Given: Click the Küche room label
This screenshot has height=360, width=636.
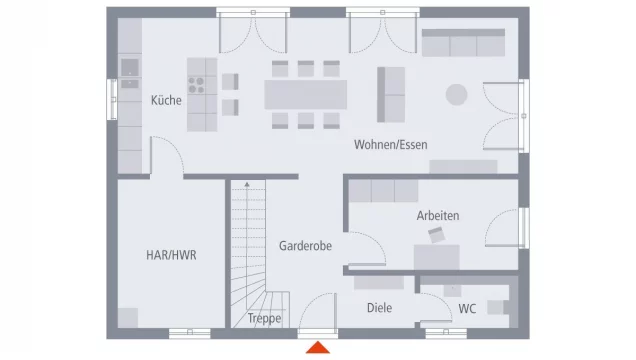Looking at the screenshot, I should click(166, 101).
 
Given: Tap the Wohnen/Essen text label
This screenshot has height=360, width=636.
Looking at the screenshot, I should click(390, 145).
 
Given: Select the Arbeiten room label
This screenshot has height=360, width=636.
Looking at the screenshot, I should click(438, 215).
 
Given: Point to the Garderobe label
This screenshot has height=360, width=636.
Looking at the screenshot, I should click(305, 245).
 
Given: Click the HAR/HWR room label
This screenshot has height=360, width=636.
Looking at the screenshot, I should click(171, 255).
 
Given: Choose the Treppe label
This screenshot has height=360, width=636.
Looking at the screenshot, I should click(265, 319).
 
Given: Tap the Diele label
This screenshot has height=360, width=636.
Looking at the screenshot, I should click(379, 308).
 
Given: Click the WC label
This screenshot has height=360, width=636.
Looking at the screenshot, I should click(467, 308).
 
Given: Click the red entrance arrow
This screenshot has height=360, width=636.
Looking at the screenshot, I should click(318, 347).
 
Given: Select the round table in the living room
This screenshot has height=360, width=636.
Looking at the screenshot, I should click(456, 94).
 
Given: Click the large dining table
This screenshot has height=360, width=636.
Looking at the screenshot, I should click(306, 94).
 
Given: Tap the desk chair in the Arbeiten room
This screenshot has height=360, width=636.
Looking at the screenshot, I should click(437, 235).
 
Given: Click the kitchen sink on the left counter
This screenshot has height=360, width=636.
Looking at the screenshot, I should click(130, 68).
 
